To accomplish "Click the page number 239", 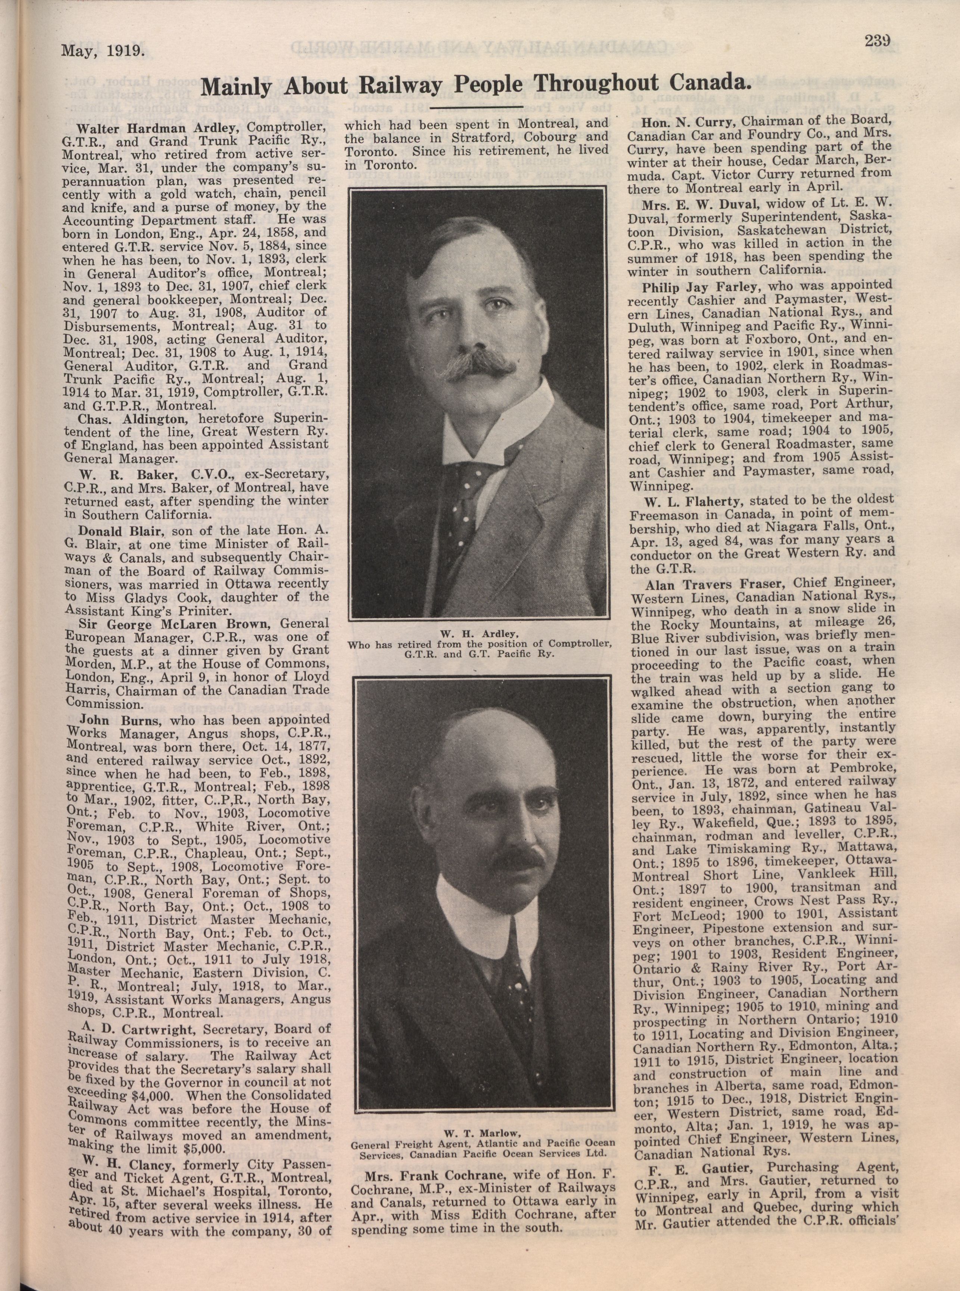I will pyautogui.click(x=878, y=41).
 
